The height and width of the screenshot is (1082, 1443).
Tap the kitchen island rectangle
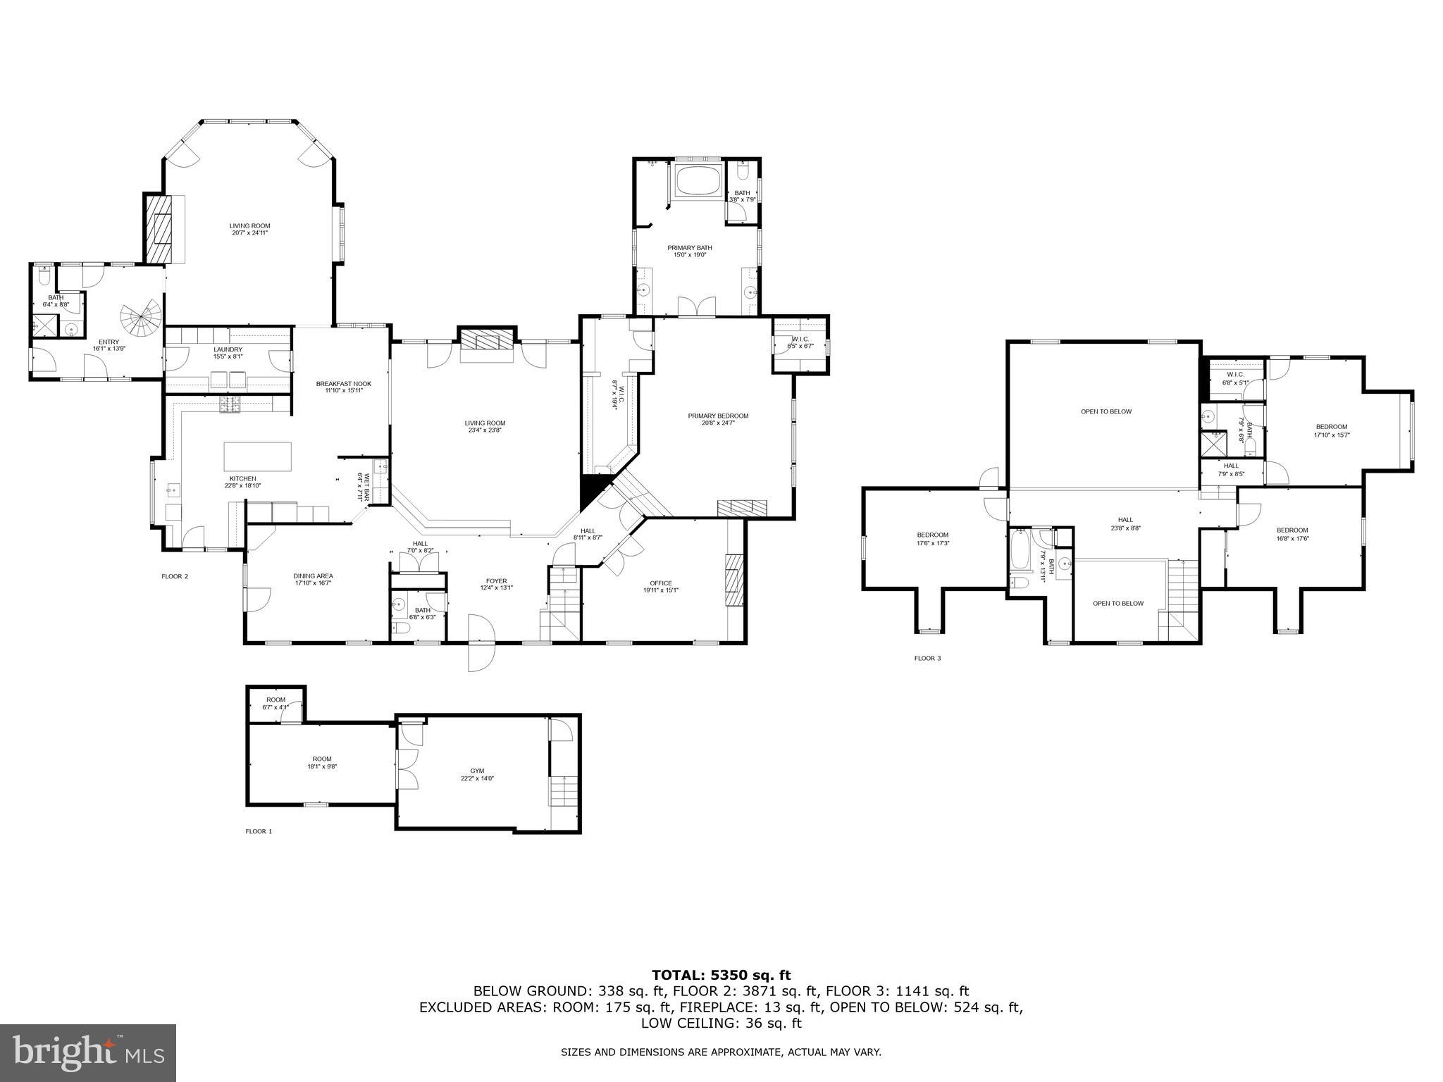(x=257, y=456)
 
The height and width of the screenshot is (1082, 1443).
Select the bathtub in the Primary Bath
(x=698, y=181)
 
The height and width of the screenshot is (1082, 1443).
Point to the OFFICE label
(x=660, y=583)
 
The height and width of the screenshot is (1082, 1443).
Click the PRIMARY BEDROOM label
(x=718, y=416)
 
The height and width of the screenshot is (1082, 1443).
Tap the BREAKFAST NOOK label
(x=343, y=383)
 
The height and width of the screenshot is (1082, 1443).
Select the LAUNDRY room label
(x=228, y=349)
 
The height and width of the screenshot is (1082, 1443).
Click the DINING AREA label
(x=313, y=576)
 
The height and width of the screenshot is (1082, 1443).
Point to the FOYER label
(x=496, y=581)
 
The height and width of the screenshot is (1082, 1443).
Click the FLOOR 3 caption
(x=927, y=658)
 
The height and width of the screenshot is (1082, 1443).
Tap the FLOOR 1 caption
(x=258, y=831)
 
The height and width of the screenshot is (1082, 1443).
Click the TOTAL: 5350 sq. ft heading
(x=721, y=975)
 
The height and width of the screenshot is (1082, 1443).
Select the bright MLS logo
(x=88, y=1052)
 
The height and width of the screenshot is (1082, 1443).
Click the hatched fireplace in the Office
(x=734, y=580)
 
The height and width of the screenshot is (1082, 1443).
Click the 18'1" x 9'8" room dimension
(x=321, y=766)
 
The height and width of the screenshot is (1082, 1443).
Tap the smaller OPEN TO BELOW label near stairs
(x=1117, y=603)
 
